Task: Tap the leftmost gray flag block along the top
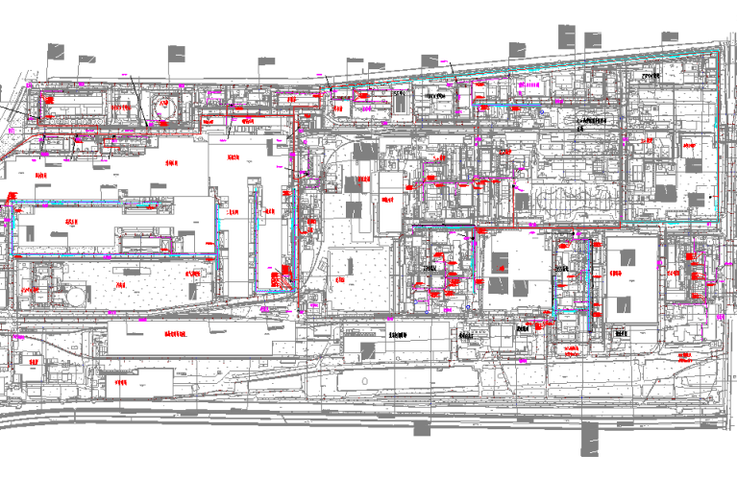click(x=56, y=51)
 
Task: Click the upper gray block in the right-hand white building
click(x=626, y=256)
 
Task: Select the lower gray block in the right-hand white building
click(x=620, y=306)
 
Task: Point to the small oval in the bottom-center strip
click(x=370, y=382)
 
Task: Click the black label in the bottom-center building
click(x=399, y=335)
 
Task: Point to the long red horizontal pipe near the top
click(x=248, y=114)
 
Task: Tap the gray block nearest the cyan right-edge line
click(x=694, y=199)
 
